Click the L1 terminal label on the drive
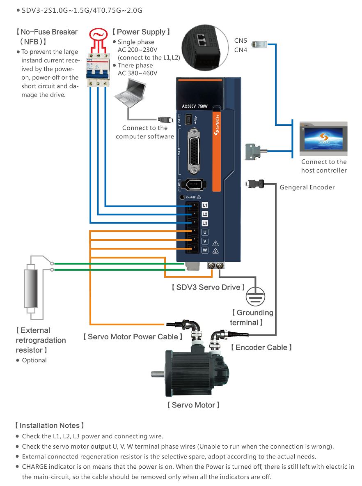point(205,205)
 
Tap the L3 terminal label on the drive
point(205,223)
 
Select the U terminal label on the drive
point(205,232)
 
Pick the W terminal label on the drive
point(205,250)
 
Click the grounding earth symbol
point(255,295)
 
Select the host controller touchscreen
point(323,139)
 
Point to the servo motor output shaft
point(158,374)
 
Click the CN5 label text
point(241,41)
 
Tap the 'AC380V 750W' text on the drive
point(195,106)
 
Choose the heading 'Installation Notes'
point(49,426)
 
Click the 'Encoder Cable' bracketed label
point(261,347)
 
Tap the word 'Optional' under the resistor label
point(34,360)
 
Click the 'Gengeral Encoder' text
point(307,187)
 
